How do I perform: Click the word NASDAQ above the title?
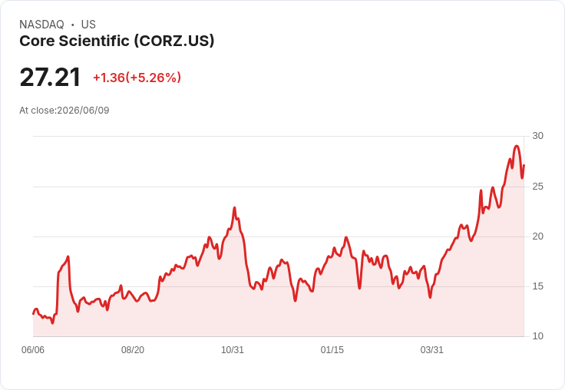coord(41,25)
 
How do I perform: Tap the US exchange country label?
coord(88,25)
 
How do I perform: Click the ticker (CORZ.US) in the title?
coord(174,41)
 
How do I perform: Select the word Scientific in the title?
coord(94,41)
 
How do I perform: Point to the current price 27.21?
coord(50,78)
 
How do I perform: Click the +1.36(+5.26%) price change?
coord(137,78)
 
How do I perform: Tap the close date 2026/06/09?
coord(83,111)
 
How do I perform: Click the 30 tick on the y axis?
coord(537,136)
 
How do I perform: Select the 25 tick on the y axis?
coord(537,187)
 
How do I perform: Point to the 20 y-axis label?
coord(537,236)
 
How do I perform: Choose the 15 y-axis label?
coord(537,286)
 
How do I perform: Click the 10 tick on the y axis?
coord(537,336)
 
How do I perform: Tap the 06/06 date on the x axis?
coord(33,350)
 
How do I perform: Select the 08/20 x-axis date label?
coord(133,350)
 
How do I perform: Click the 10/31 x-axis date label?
coord(233,350)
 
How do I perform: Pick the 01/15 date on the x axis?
coord(332,350)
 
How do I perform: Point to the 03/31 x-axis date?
coord(431,350)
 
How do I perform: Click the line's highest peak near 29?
coord(517,146)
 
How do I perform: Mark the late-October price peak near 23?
coord(235,207)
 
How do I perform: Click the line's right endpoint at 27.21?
coord(524,165)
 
